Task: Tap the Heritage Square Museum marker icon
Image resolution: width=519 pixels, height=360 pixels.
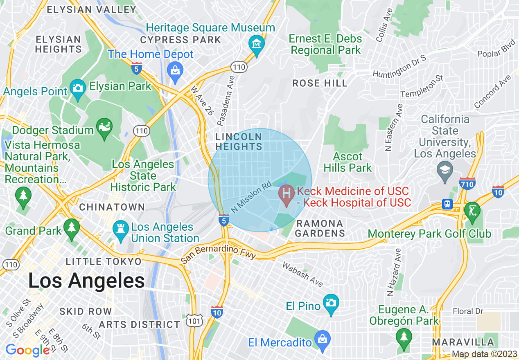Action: [256, 43]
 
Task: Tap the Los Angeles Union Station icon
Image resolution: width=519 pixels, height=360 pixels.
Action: [120, 228]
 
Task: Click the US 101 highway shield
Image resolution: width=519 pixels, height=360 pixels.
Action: [194, 321]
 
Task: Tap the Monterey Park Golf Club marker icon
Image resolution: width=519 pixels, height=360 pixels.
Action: [472, 211]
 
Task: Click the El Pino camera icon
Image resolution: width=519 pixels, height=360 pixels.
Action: [331, 303]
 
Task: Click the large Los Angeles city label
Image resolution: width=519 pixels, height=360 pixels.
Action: [86, 281]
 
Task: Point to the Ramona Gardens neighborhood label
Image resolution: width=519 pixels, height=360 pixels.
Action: [320, 229]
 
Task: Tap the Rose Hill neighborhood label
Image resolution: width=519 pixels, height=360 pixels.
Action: [320, 83]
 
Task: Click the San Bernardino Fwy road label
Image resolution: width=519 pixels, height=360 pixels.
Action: [219, 251]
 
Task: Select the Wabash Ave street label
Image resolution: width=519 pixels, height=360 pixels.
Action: [302, 274]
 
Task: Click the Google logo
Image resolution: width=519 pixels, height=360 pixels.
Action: [27, 350]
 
